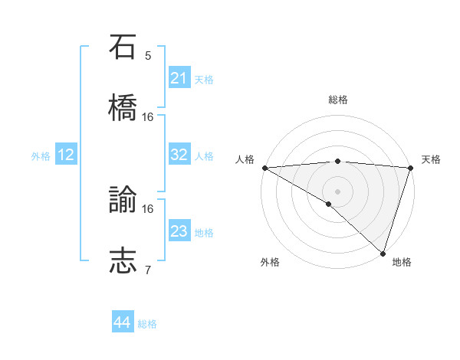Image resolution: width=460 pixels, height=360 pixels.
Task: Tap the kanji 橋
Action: pyautogui.click(x=123, y=108)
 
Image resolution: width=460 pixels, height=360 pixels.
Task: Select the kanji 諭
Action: pyautogui.click(x=123, y=200)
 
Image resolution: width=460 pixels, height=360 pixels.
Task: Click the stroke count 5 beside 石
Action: pyautogui.click(x=148, y=55)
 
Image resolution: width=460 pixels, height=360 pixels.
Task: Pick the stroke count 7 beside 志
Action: pyautogui.click(x=148, y=270)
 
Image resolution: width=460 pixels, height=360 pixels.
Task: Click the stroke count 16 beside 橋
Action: pyautogui.click(x=148, y=116)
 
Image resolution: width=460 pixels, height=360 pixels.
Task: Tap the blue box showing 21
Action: pyautogui.click(x=179, y=78)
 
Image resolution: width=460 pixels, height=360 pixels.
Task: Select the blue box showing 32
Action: pyautogui.click(x=179, y=155)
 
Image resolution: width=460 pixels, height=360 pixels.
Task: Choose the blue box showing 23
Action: pyautogui.click(x=179, y=231)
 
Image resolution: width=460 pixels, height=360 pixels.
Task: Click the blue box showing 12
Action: pyautogui.click(x=66, y=155)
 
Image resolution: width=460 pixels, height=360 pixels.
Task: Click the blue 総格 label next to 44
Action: pyautogui.click(x=147, y=324)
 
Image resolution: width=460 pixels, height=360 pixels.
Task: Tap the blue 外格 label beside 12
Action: pyautogui.click(x=41, y=156)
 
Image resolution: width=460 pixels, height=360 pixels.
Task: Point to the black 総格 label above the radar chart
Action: pyautogui.click(x=338, y=100)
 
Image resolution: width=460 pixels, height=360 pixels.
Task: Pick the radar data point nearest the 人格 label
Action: pyautogui.click(x=264, y=168)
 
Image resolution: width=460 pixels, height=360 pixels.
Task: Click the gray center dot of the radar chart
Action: pyautogui.click(x=338, y=191)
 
